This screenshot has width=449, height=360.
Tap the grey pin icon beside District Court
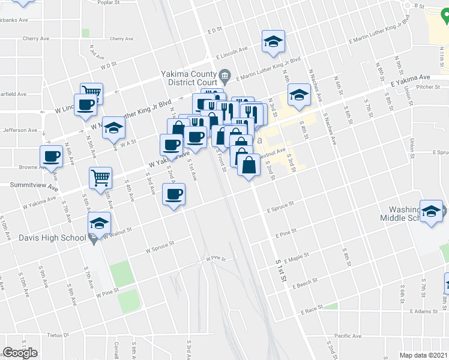(225, 76)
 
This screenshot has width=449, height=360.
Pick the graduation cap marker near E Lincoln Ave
(273, 41)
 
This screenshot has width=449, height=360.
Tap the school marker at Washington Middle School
(431, 211)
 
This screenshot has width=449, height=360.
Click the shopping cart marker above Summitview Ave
(100, 178)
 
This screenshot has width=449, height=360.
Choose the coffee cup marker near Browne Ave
(52, 157)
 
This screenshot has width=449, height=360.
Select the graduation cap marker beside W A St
(113, 128)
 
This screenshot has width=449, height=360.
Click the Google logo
(20, 353)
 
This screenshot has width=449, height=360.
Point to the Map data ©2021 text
(424, 355)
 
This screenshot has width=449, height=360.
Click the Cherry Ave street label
(35, 38)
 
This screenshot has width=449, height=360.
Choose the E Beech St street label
(305, 287)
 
